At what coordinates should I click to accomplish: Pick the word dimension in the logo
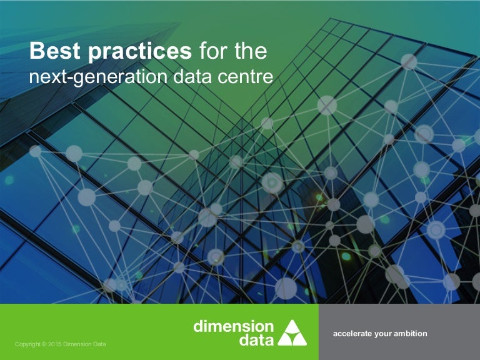click(x=233, y=326)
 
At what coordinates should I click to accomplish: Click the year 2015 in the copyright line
click(x=60, y=344)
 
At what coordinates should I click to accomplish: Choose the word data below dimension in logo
click(x=256, y=340)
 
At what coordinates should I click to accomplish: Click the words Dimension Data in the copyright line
click(x=90, y=344)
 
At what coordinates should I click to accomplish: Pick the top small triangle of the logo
click(x=292, y=325)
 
